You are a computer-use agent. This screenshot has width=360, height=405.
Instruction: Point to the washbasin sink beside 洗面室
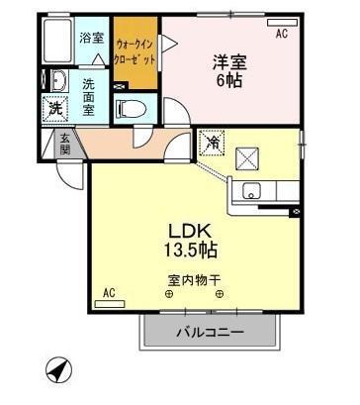click(x=56, y=82)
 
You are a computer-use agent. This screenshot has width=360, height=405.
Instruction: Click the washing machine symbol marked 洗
click(x=54, y=108)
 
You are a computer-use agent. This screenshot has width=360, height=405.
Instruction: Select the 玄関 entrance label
click(x=64, y=143)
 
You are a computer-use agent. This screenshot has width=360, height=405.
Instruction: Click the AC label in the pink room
click(x=281, y=34)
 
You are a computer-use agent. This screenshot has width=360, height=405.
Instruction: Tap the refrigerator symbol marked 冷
click(x=212, y=143)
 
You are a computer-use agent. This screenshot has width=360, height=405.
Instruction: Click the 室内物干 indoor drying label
click(x=194, y=280)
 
